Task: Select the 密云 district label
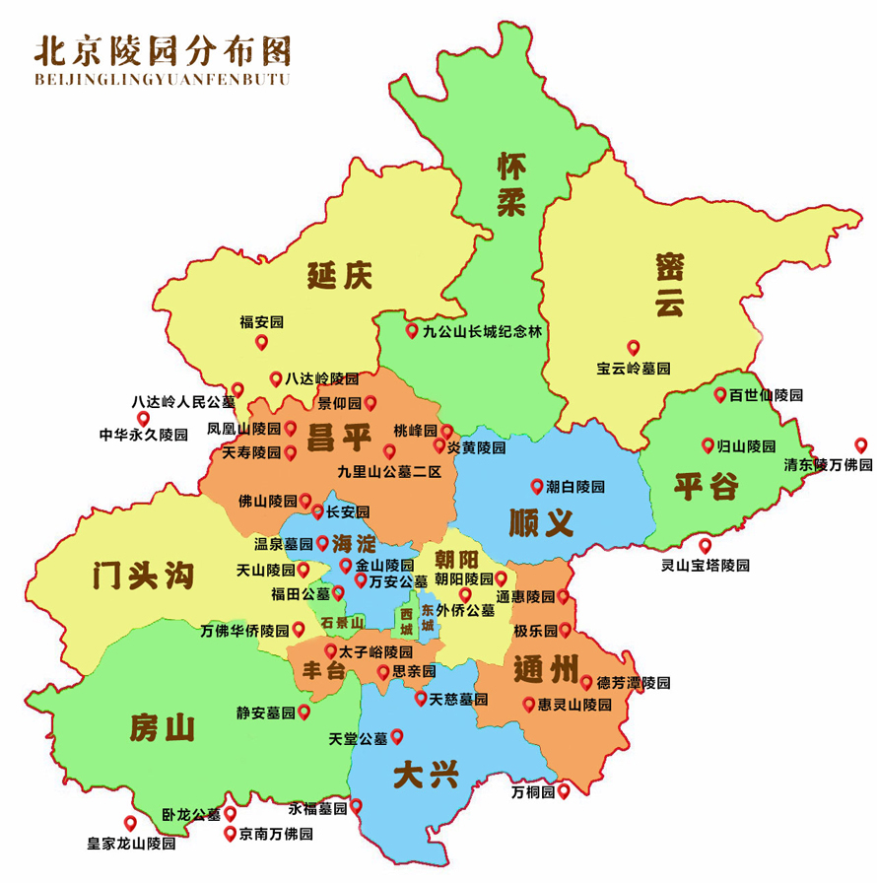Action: click(669, 285)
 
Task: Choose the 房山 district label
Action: click(162, 728)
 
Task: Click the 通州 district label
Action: click(544, 672)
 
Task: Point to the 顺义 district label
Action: click(541, 521)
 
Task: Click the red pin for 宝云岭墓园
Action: click(634, 347)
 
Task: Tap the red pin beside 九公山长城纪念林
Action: click(412, 330)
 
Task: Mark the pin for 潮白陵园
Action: click(537, 485)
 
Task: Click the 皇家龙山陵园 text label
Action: click(131, 844)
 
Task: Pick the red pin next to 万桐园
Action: click(564, 790)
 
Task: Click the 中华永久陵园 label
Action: click(143, 434)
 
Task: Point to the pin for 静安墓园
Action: click(304, 711)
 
